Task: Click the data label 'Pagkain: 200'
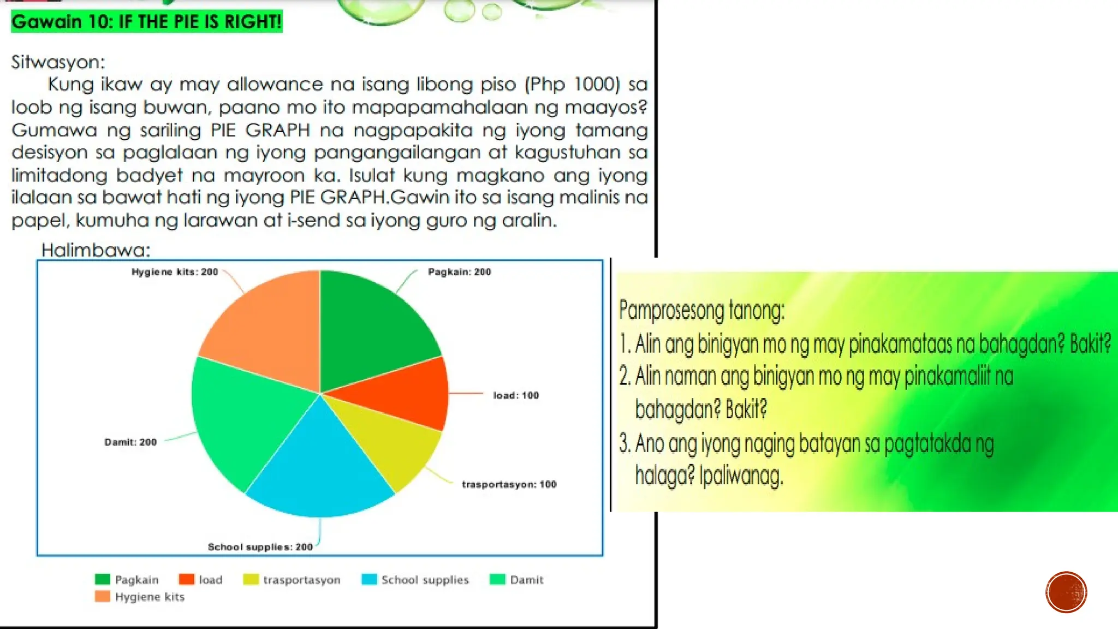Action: click(459, 272)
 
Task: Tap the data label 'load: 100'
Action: click(516, 395)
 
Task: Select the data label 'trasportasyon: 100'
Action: click(509, 484)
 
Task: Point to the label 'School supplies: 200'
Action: click(260, 547)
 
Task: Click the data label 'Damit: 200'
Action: click(130, 442)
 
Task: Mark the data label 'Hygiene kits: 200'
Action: click(175, 272)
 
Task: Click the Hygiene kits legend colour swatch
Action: click(102, 596)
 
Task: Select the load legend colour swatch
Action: click(186, 579)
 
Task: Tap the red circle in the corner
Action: click(1066, 592)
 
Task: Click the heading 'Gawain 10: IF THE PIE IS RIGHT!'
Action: click(146, 22)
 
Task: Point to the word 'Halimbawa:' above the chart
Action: click(96, 250)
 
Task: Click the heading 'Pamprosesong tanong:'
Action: click(701, 310)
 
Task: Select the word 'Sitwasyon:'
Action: click(58, 62)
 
